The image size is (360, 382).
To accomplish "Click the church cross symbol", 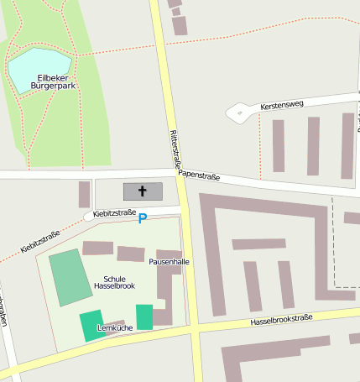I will (143, 191).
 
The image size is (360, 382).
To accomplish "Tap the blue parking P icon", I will (142, 219).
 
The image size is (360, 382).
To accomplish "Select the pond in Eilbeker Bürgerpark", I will (38, 70).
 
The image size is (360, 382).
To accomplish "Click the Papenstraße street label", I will (199, 176).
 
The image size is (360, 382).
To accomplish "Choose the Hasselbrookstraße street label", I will (281, 320).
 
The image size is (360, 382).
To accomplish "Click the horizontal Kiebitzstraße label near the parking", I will (115, 213).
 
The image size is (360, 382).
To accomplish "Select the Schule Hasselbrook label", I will (114, 282).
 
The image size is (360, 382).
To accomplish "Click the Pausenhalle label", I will (170, 262).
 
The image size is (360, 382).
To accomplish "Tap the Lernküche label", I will (115, 327).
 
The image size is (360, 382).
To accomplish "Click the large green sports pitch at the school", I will (70, 278).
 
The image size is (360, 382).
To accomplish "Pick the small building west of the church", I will (84, 194).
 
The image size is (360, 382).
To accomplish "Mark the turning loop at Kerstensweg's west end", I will (238, 112).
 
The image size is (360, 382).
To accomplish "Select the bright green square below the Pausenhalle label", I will (144, 317).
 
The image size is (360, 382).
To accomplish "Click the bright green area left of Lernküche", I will (89, 326).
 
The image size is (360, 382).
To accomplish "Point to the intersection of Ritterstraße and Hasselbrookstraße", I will (194, 327).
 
